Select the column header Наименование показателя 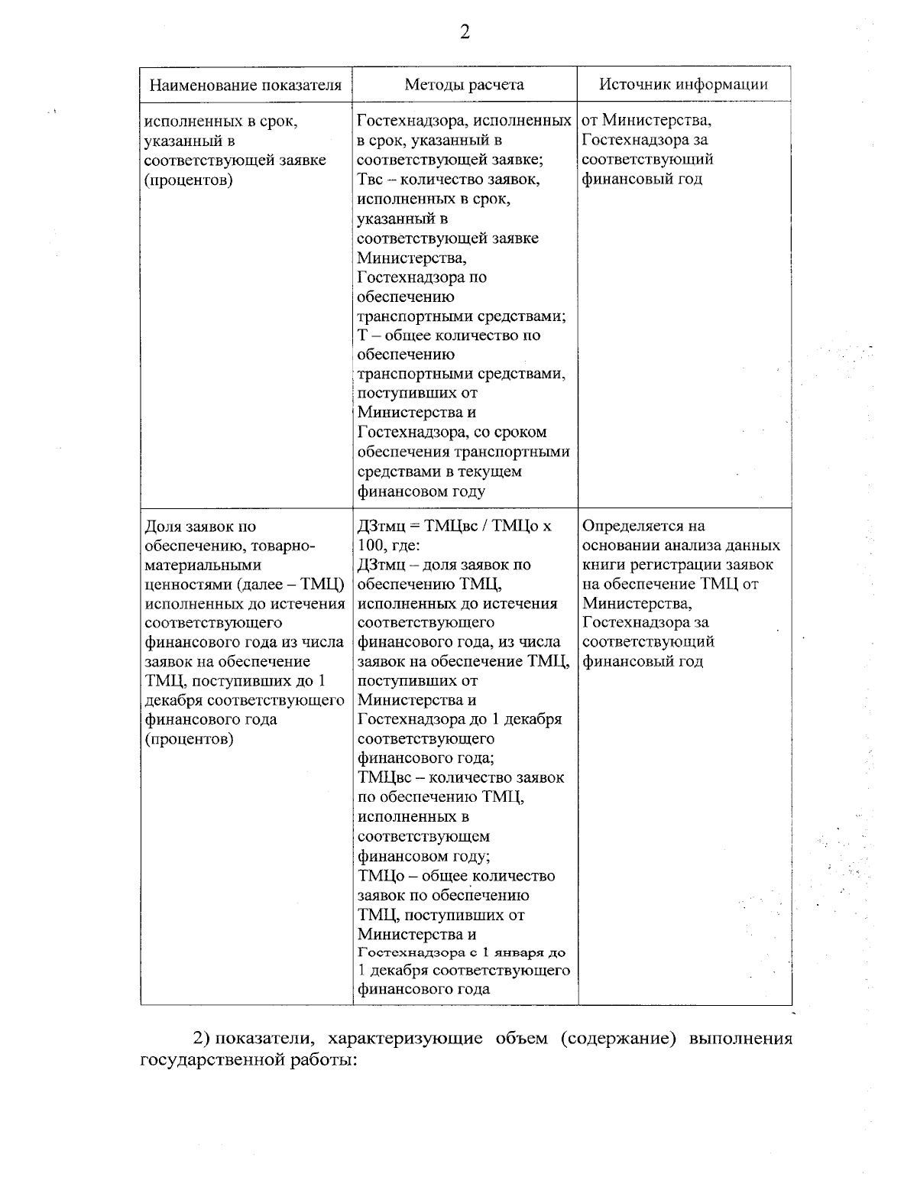245,85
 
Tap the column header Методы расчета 464,85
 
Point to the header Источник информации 683,85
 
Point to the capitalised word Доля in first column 162,527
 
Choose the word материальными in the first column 192,566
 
